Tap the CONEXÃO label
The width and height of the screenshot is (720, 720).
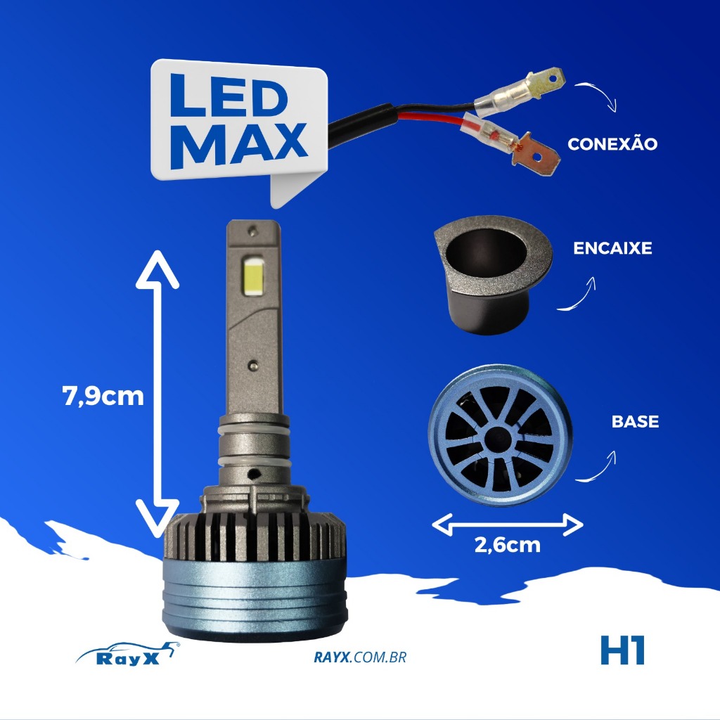click(x=612, y=143)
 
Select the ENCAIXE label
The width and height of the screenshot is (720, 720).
click(x=612, y=248)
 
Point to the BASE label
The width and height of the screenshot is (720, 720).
click(x=635, y=422)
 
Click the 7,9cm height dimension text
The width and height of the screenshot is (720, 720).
click(x=103, y=396)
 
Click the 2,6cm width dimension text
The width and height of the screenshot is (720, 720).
click(x=508, y=545)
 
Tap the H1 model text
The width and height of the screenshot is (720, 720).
click(x=623, y=650)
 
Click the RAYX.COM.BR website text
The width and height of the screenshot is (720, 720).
click(x=360, y=657)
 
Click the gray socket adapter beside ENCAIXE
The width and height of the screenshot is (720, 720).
click(x=493, y=275)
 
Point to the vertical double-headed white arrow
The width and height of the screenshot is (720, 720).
click(x=157, y=394)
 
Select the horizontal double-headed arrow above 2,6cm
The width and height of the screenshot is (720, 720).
click(x=508, y=524)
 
